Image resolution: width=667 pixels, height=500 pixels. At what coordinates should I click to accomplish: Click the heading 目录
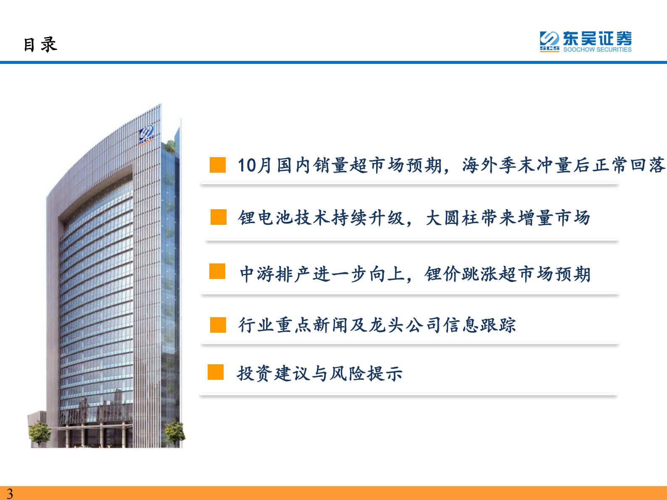point(40,45)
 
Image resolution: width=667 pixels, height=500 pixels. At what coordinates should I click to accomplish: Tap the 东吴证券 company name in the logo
point(597,39)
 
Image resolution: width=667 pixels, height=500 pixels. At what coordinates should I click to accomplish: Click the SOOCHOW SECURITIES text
point(597,50)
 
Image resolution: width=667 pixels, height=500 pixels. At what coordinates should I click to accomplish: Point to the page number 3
point(10,493)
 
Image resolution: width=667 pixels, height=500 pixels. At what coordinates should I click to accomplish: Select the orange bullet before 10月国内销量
point(218,165)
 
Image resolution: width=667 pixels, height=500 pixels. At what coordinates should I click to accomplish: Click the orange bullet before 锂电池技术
point(219,217)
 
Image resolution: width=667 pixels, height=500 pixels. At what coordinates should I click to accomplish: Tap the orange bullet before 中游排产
point(217,271)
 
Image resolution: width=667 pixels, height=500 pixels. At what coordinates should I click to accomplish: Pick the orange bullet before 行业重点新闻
point(218,324)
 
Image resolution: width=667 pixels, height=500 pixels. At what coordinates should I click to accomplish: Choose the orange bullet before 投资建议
point(216,372)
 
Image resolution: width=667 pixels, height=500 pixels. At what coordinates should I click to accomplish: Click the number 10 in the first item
point(247,165)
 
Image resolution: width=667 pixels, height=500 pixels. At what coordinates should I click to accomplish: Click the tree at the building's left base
point(39,433)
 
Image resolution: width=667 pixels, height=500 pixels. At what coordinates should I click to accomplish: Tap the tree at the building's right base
point(174,433)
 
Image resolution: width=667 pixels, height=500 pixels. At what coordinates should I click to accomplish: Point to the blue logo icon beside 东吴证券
point(549,40)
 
